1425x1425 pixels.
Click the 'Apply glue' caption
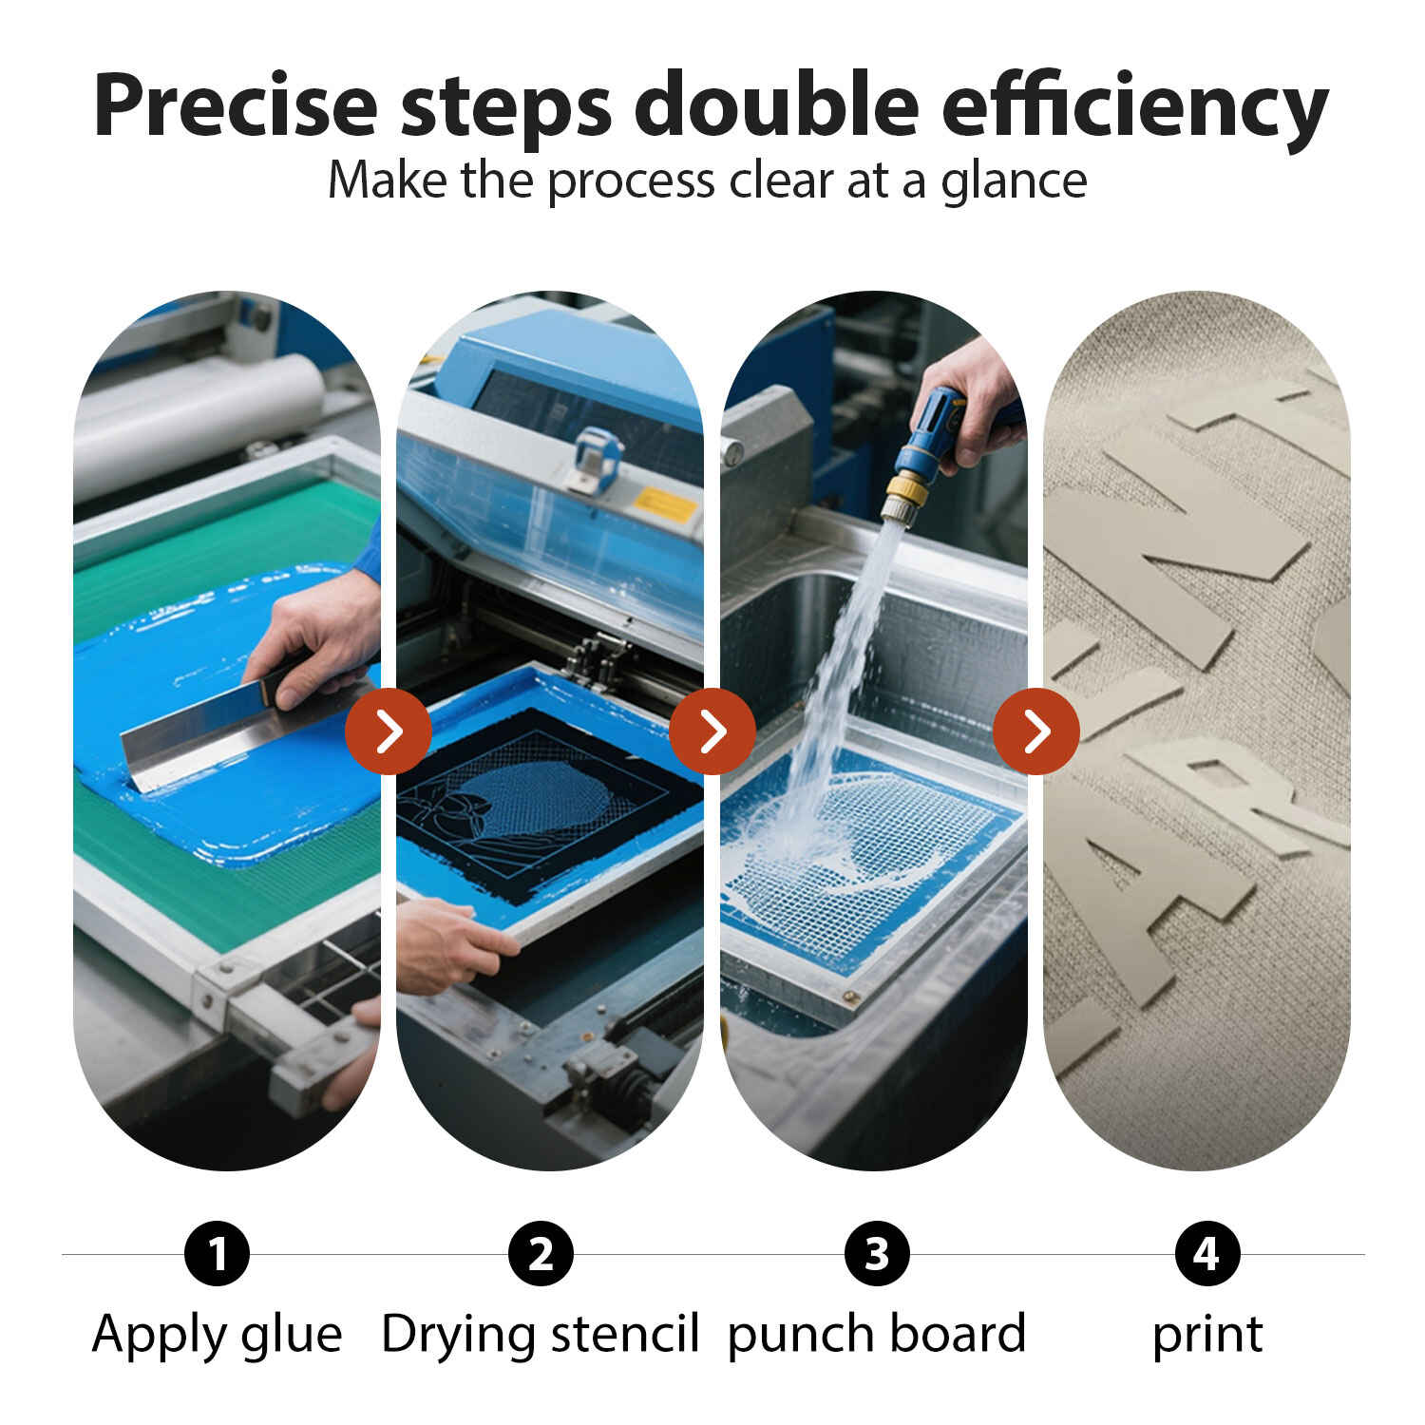click(218, 1335)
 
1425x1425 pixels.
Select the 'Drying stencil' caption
click(541, 1335)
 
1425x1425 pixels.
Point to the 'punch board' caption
click(877, 1335)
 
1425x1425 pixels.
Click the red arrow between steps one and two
click(389, 731)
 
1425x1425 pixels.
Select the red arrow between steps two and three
click(712, 731)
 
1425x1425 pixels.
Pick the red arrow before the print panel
click(1036, 731)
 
